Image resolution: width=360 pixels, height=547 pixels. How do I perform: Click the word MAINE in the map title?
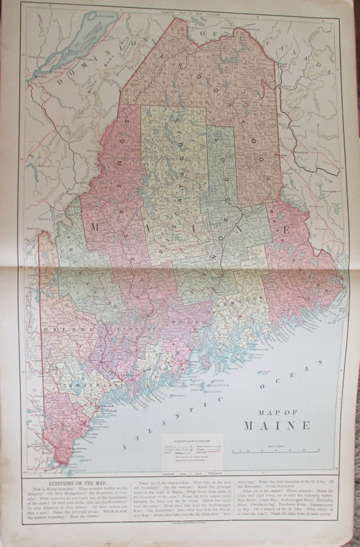[x=276, y=426]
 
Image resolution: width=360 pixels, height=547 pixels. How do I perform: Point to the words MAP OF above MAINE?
[x=276, y=412]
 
